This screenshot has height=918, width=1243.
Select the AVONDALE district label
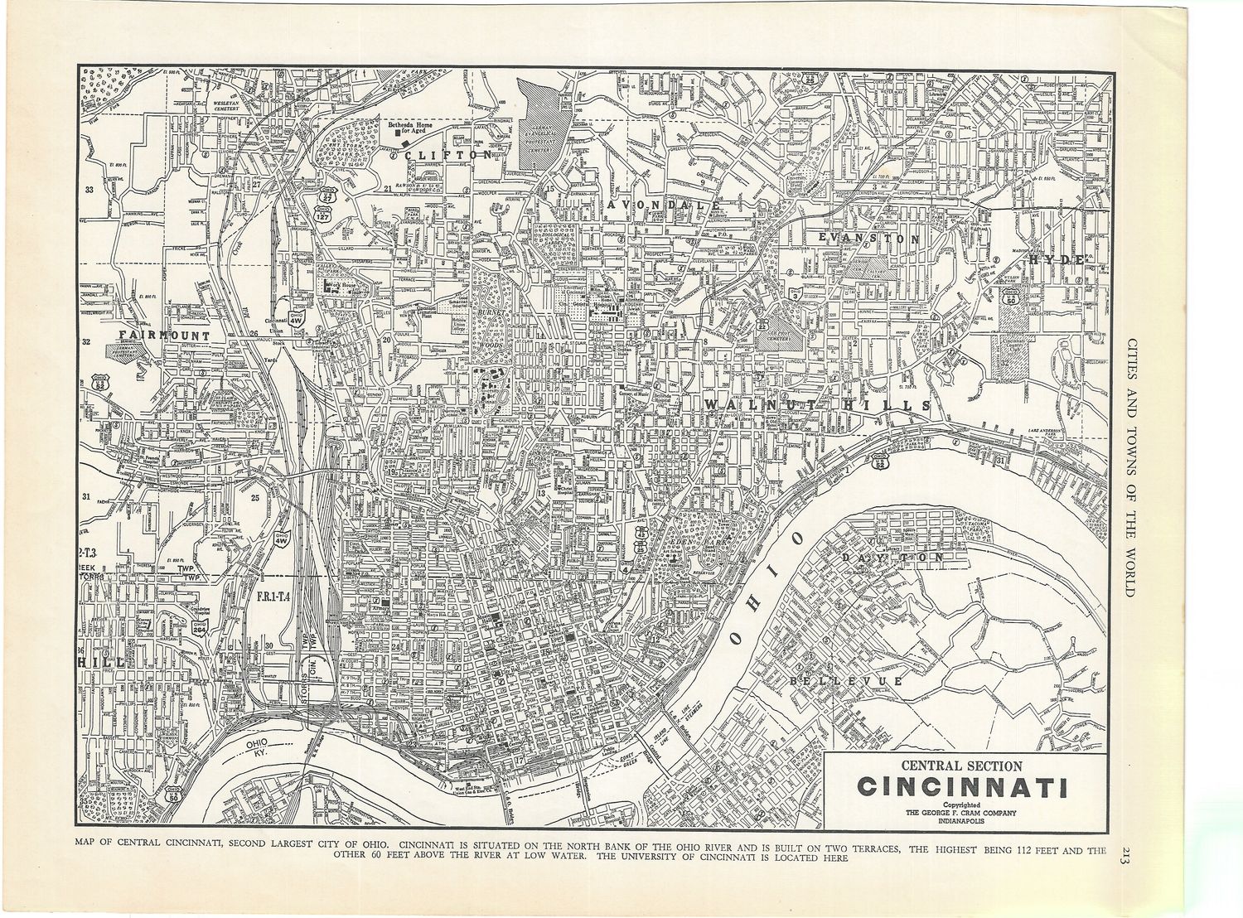pos(660,204)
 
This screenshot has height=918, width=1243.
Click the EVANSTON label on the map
pos(868,238)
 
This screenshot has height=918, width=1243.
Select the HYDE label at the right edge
pos(1057,259)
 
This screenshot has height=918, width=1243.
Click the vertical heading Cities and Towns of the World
pos(1125,464)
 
